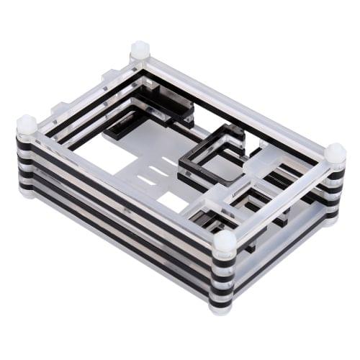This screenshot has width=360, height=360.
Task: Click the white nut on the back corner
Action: pos(140,51)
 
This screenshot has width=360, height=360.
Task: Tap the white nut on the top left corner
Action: pos(27,125)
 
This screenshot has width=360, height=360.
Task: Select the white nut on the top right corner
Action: pos(335,153)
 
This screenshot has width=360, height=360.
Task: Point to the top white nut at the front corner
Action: pos(225,241)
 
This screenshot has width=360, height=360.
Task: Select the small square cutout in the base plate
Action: pos(173,202)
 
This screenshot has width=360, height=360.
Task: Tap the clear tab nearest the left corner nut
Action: pos(60,109)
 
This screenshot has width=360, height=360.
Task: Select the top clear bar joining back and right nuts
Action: pos(238,102)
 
